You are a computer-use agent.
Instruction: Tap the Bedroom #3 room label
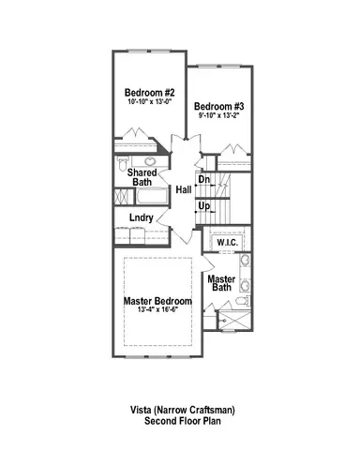tap(218, 107)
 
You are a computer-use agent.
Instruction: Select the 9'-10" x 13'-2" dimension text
tap(218, 117)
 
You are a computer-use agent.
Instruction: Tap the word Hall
tap(184, 190)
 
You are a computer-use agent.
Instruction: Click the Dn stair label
tap(203, 179)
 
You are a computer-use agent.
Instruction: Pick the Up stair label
tap(203, 205)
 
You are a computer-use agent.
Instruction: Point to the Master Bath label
tap(221, 284)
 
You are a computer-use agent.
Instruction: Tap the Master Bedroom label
tap(157, 301)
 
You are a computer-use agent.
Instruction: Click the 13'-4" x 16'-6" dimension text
tap(157, 311)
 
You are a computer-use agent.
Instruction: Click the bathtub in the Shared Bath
tap(124, 199)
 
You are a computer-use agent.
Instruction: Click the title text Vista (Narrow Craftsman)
tap(181, 411)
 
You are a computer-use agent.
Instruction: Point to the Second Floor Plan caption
tap(181, 423)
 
